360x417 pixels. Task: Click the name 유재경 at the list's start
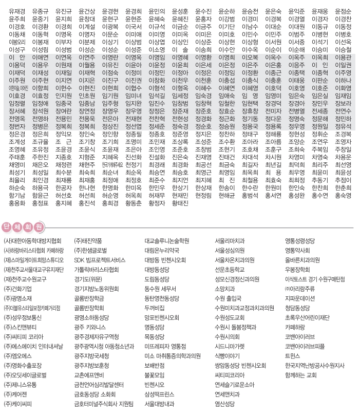click(17, 11)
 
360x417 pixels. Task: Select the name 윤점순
click(343, 11)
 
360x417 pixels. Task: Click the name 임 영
click(250, 95)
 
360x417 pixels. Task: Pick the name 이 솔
click(180, 49)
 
